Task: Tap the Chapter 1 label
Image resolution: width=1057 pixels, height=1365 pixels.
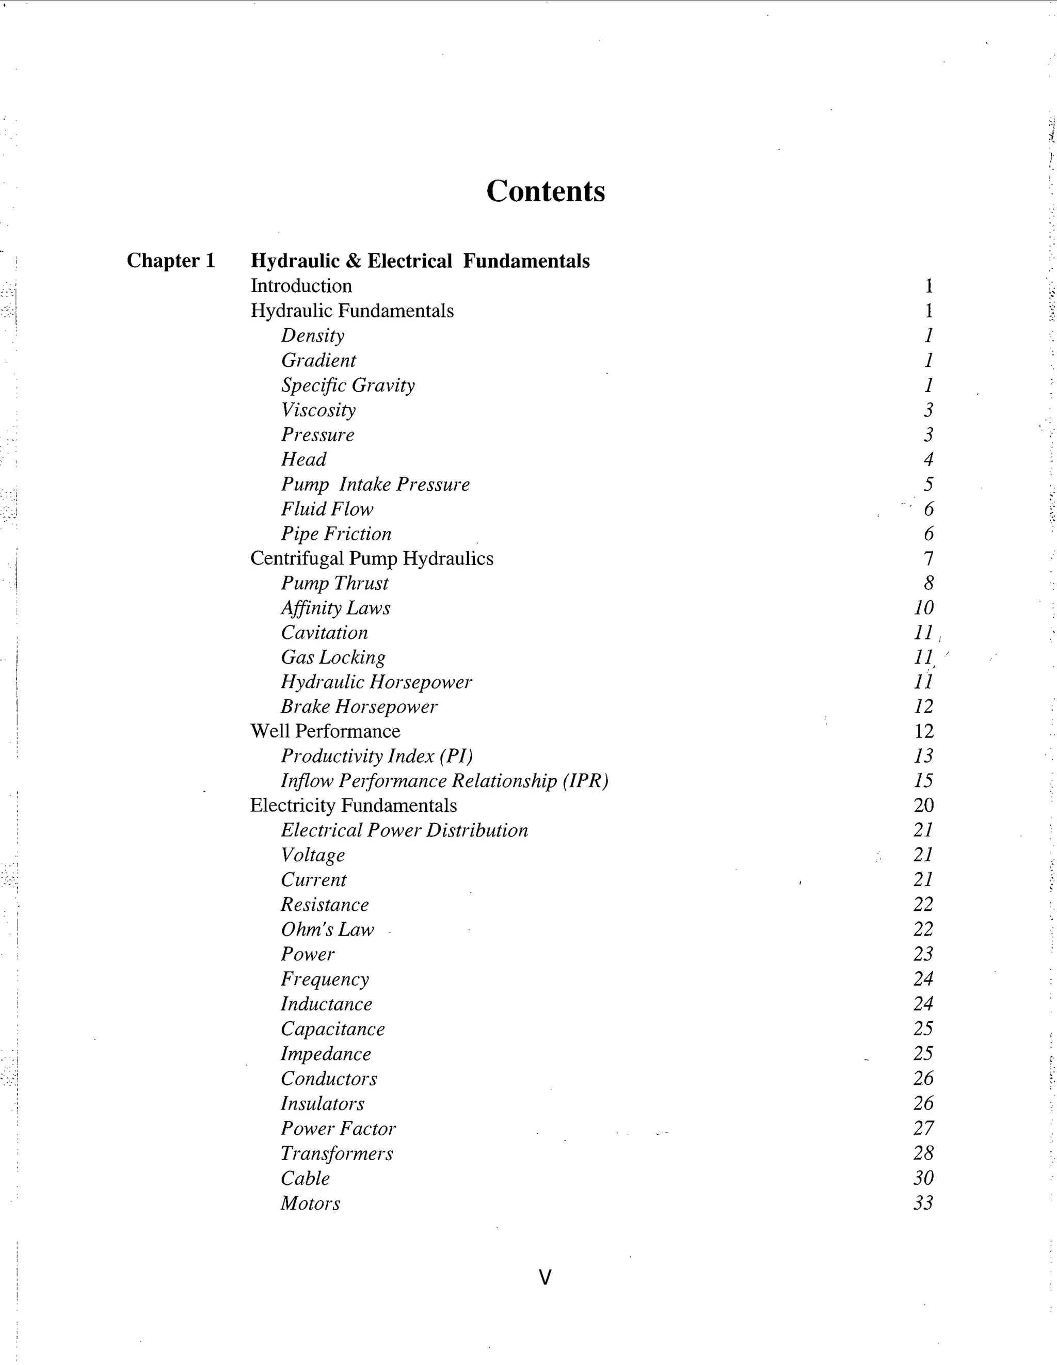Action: (x=171, y=261)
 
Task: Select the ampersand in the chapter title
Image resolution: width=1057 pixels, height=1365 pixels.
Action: (x=353, y=261)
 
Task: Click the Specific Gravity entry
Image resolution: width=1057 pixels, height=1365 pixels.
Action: (x=347, y=385)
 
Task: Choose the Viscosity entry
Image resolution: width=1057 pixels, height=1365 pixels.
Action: (x=318, y=410)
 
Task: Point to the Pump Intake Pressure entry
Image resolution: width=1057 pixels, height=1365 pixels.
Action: (x=375, y=485)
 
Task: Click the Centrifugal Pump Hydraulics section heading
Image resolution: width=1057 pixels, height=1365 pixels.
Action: (x=371, y=558)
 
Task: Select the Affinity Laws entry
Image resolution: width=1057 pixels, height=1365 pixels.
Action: (x=335, y=608)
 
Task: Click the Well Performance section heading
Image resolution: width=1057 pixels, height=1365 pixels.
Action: (x=325, y=731)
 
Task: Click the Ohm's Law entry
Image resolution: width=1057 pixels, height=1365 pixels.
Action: (x=327, y=929)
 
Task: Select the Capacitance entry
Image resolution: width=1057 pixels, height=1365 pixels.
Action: (x=332, y=1029)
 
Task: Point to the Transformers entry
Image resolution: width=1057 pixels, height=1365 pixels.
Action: (x=337, y=1153)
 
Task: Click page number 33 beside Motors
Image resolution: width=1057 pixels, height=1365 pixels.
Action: (x=923, y=1202)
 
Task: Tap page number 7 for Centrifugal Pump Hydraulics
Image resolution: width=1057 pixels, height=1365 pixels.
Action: (x=928, y=558)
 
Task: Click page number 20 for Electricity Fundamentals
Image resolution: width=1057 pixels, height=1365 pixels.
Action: (x=923, y=805)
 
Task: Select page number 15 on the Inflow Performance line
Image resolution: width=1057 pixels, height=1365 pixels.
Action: (x=923, y=781)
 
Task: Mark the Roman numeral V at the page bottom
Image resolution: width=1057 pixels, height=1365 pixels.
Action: (x=545, y=1277)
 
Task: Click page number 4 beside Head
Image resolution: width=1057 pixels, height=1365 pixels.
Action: (x=928, y=459)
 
